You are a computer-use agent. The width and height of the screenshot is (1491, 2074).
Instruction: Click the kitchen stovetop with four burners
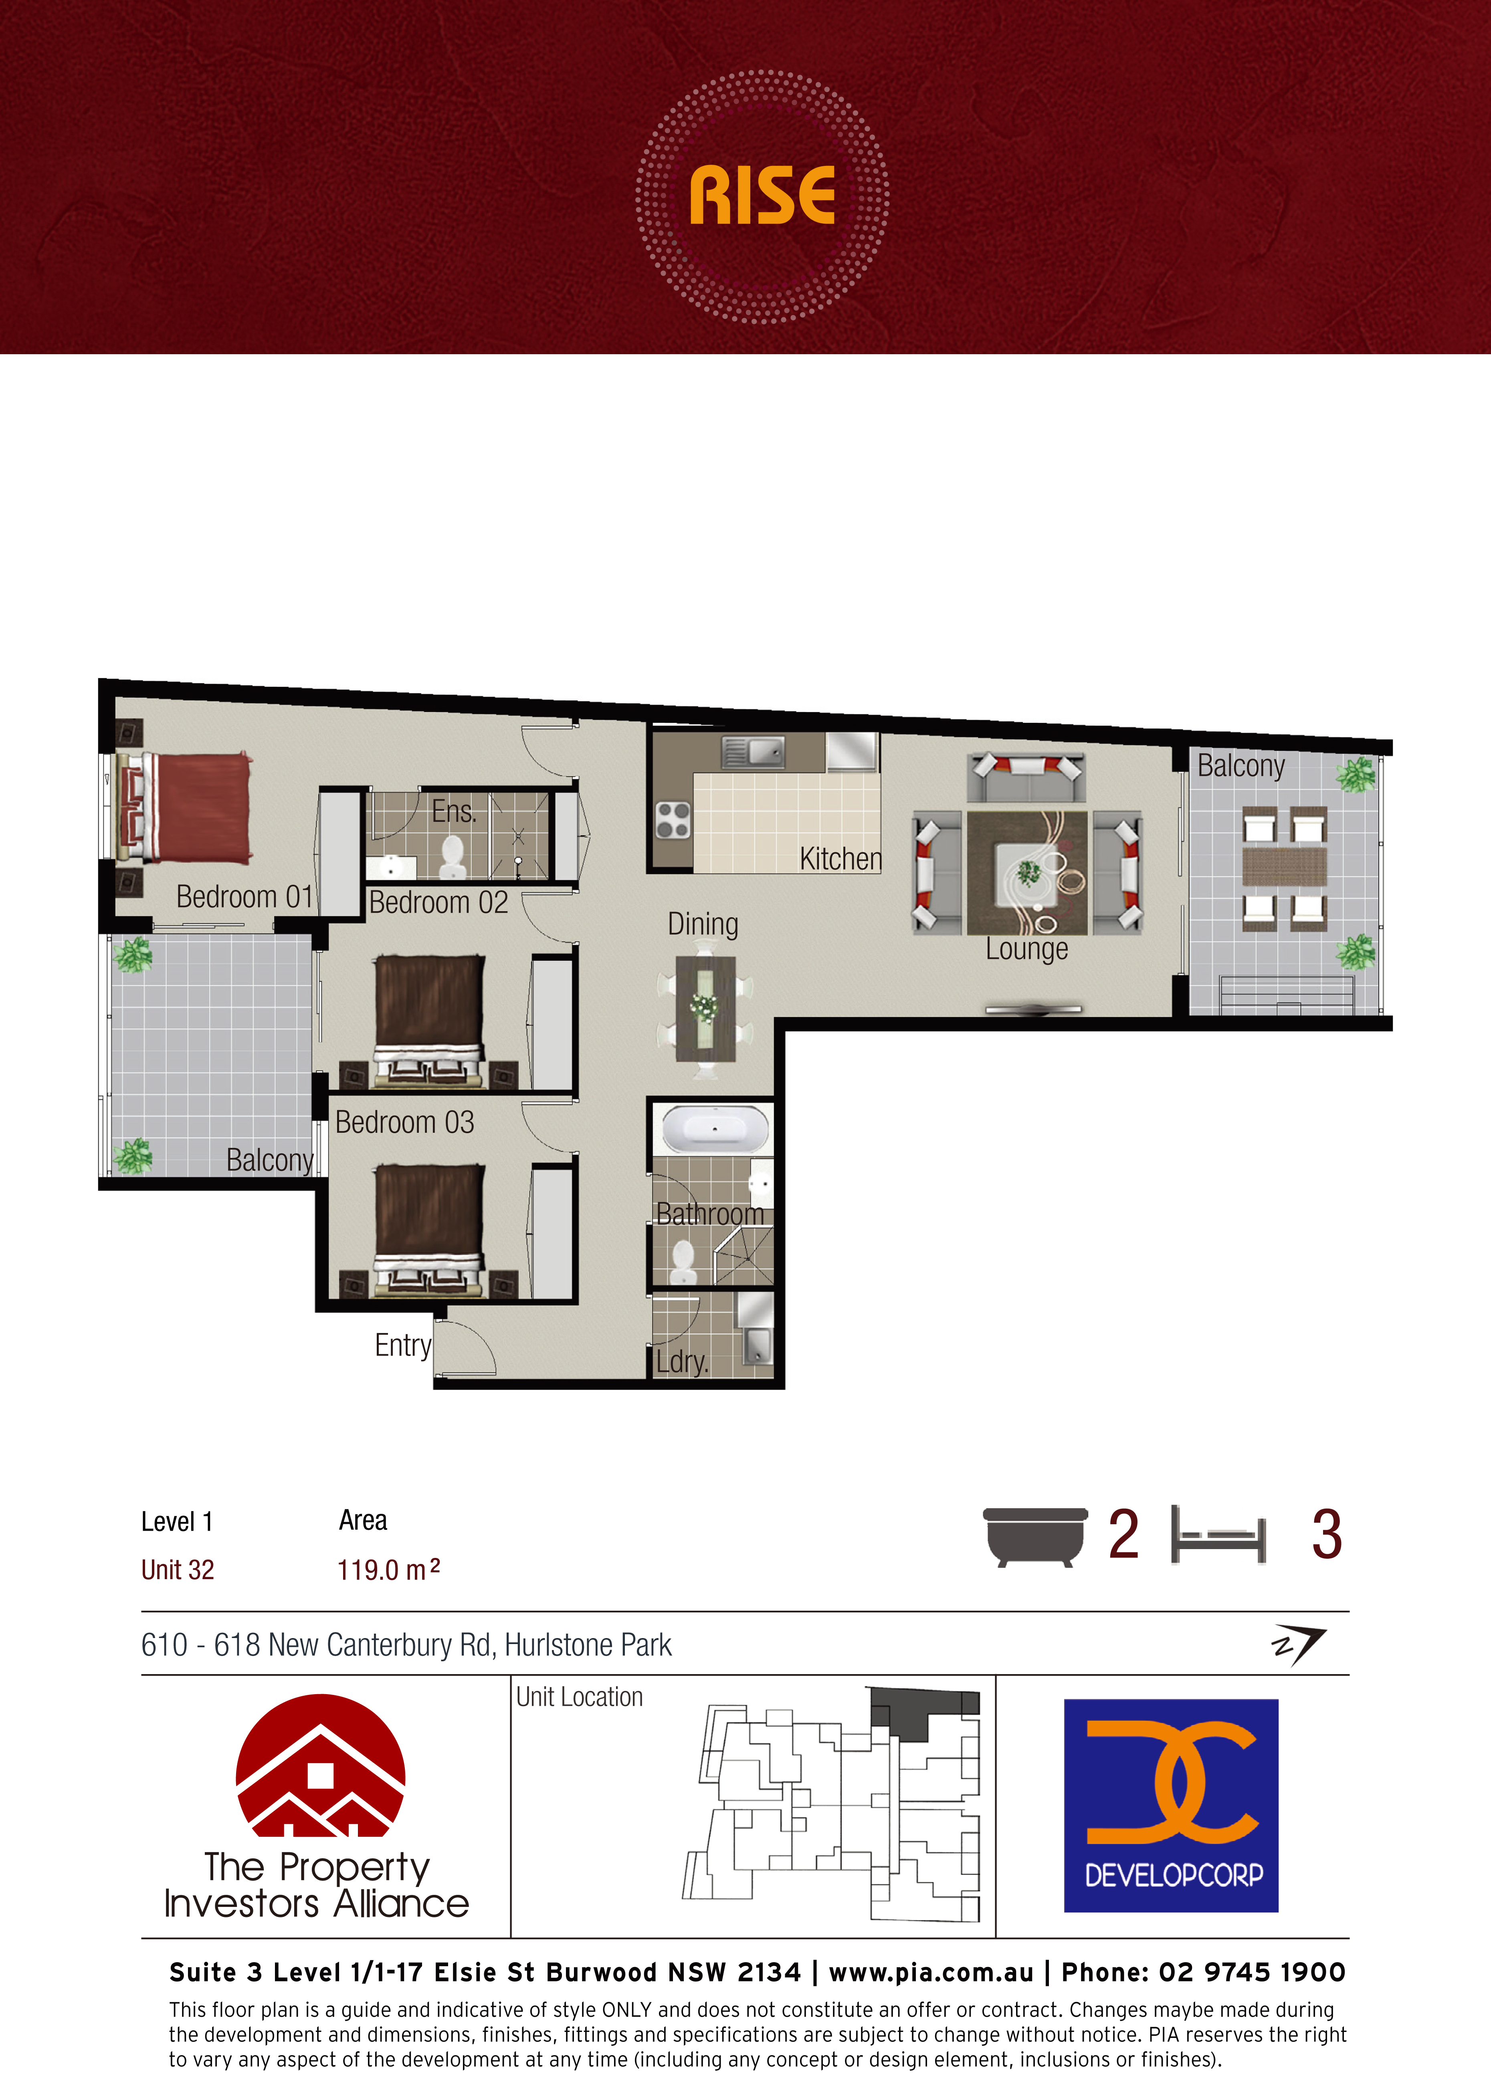[673, 819]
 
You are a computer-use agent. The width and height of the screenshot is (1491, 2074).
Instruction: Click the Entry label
[402, 1345]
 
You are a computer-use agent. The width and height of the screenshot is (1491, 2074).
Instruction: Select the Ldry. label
[683, 1362]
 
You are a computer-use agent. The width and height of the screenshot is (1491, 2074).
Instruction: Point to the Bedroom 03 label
[404, 1122]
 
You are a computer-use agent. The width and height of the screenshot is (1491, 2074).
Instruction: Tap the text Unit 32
[178, 1570]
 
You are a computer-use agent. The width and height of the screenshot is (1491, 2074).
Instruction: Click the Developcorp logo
[1171, 1806]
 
